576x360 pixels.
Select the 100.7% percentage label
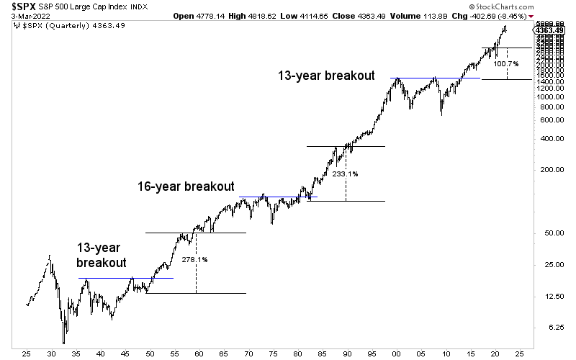505,63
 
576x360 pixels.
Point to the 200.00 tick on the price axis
549,170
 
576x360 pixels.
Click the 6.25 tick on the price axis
549,327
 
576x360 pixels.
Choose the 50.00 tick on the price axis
549,233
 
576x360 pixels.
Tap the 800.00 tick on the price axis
549,107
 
